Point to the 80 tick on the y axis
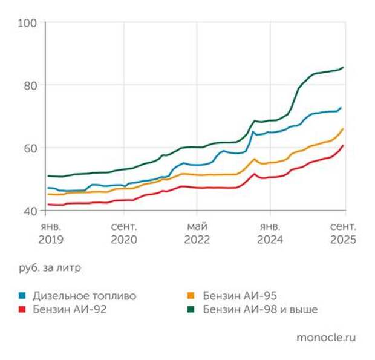[x=31, y=85]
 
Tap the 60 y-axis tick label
[x=31, y=148]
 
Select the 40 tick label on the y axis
[x=31, y=211]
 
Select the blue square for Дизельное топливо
[x=22, y=296]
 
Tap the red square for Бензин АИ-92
[x=22, y=310]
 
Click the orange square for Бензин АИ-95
[x=192, y=296]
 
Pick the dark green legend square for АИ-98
[x=192, y=310]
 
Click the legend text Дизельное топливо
[x=85, y=296]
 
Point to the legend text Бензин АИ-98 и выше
[x=261, y=310]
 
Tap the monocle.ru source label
[x=326, y=338]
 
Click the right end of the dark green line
[x=344, y=67]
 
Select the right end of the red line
[x=344, y=145]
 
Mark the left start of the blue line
[x=48, y=188]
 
